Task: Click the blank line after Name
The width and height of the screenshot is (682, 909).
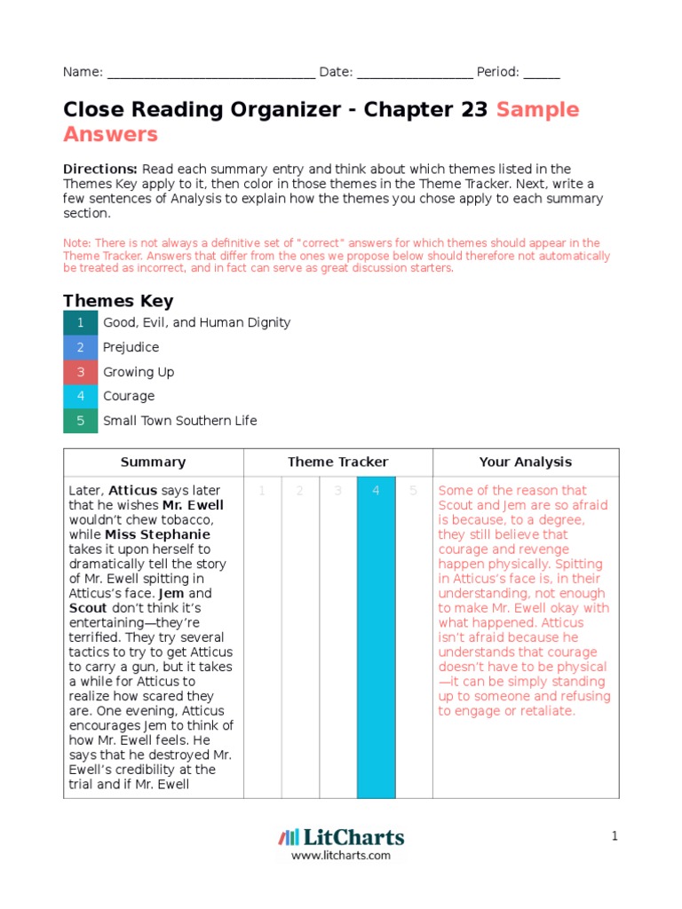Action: (x=210, y=74)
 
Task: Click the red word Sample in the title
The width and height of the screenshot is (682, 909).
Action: (x=537, y=110)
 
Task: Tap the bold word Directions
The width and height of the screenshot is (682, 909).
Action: (x=100, y=169)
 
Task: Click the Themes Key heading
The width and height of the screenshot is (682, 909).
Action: (x=118, y=301)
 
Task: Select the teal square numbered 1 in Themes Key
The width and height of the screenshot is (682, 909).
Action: (x=80, y=323)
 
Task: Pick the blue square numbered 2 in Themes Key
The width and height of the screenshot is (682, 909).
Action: (x=80, y=347)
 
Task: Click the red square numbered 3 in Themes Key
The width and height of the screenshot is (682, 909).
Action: (x=80, y=372)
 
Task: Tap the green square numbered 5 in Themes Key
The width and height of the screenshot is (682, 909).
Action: (x=80, y=421)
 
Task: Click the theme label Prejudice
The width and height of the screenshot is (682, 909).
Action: (x=131, y=347)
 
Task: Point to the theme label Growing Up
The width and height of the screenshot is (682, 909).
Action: (x=139, y=372)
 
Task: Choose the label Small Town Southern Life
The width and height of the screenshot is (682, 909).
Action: (x=179, y=421)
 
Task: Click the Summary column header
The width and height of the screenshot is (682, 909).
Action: (x=153, y=462)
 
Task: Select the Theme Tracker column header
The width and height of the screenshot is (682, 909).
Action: (x=337, y=462)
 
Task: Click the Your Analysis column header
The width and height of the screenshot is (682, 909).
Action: (x=525, y=462)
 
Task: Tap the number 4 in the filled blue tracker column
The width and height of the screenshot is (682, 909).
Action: (x=376, y=491)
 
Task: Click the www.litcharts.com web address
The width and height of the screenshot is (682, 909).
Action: (x=341, y=855)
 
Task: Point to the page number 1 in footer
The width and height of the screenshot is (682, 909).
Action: (x=614, y=836)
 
